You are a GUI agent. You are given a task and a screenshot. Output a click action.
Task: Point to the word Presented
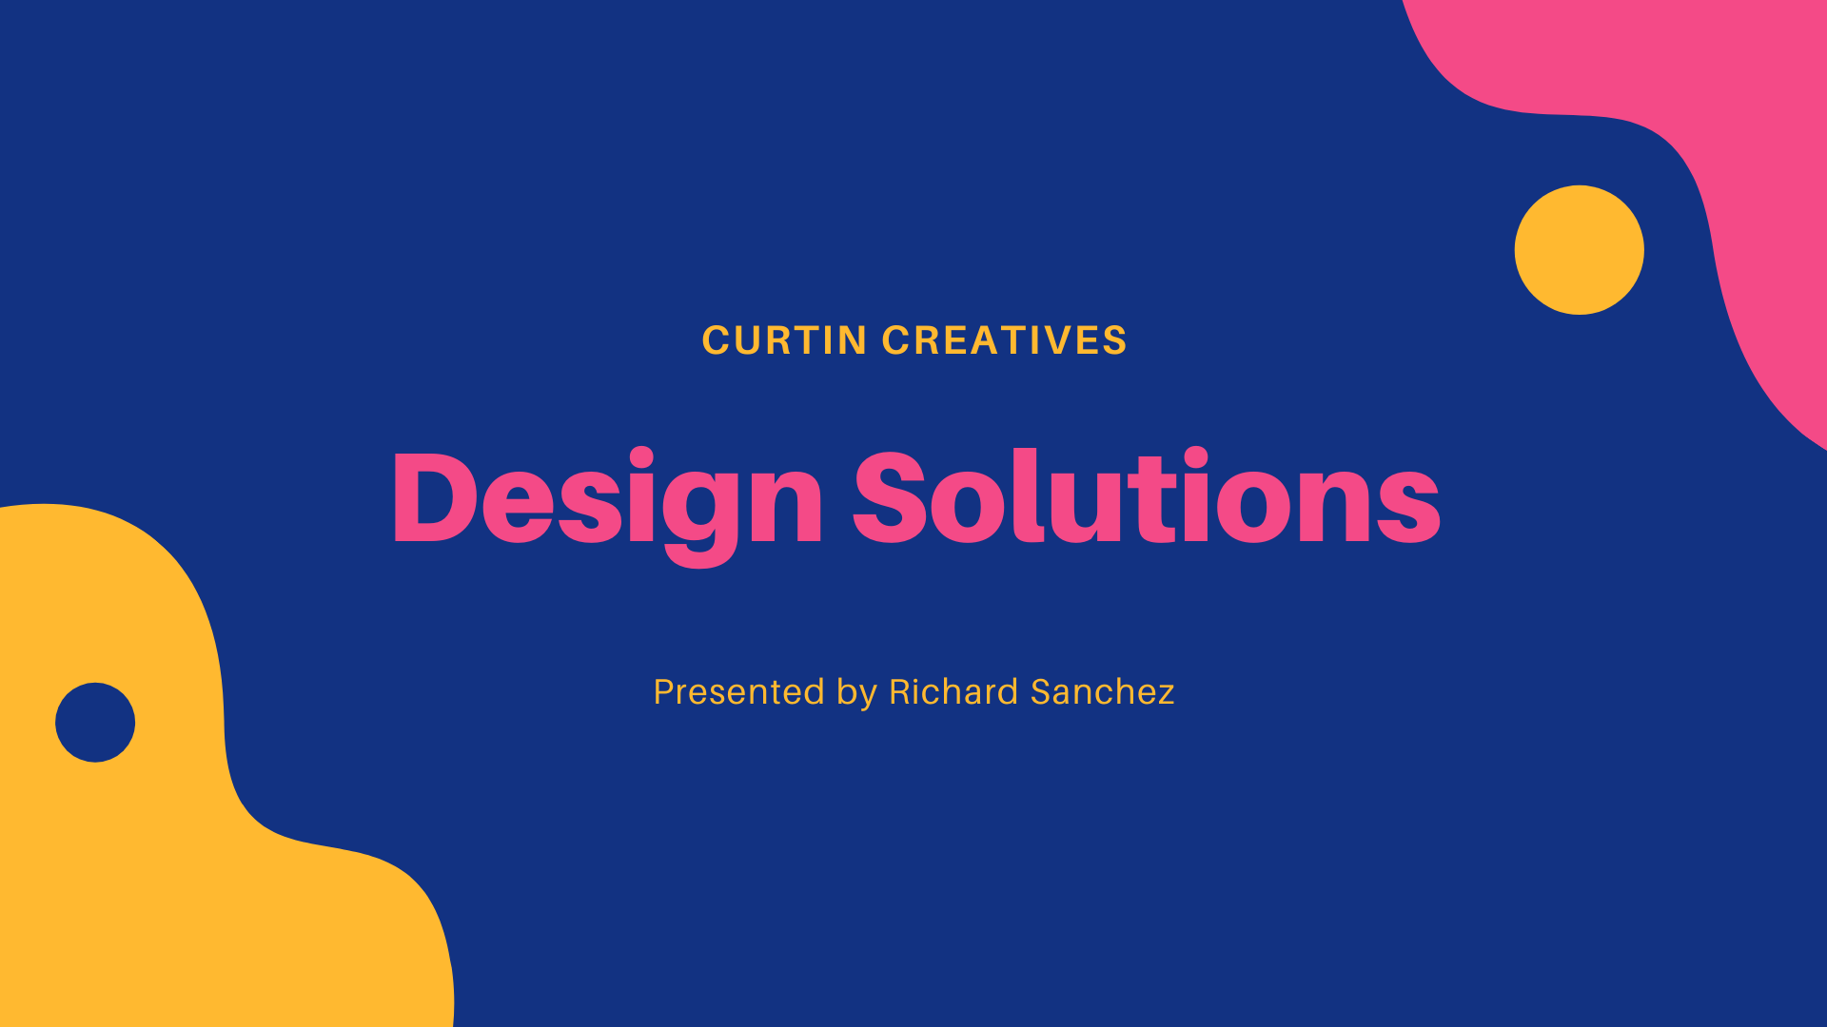(738, 692)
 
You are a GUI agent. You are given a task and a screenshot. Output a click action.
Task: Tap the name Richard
(953, 692)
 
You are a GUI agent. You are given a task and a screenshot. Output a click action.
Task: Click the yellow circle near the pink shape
(1579, 250)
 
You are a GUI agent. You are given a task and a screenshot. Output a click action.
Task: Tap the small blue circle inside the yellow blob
(95, 722)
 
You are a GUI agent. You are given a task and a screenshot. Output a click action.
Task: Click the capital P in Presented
(664, 692)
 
